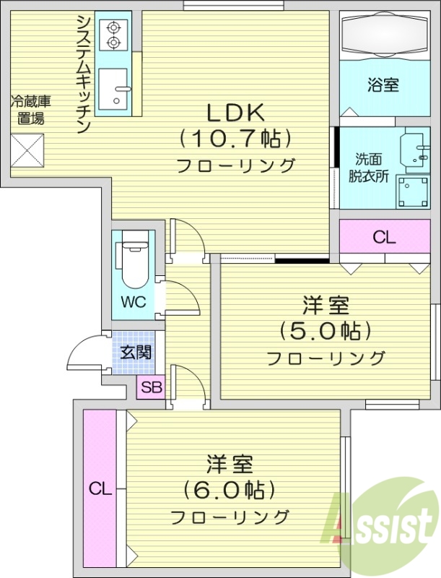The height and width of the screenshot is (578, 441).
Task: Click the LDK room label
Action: tap(237, 112)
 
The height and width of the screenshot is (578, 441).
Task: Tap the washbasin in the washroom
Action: tap(414, 148)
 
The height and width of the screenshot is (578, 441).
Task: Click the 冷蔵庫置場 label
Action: tap(30, 111)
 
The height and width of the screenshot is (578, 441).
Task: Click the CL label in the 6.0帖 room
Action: tap(100, 489)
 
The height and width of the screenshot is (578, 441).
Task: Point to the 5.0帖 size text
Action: tap(325, 332)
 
